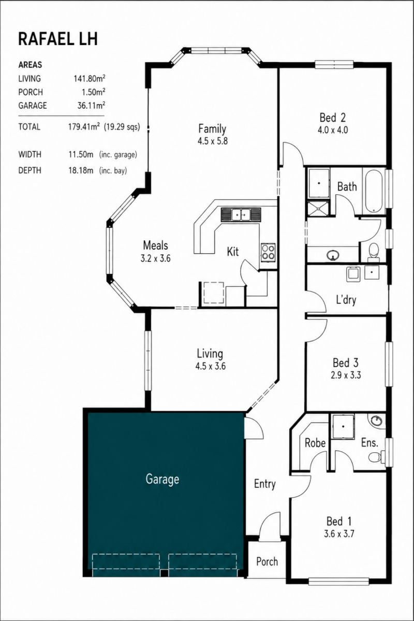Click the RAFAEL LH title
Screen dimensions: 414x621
pos(58,39)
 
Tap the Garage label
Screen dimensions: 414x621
pos(162,479)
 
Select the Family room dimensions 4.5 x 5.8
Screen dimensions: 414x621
pos(213,140)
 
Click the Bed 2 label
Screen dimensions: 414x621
pos(332,117)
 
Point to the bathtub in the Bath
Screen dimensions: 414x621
pos(374,192)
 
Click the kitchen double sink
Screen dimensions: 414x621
pos(241,214)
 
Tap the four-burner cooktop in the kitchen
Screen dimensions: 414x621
pos(268,252)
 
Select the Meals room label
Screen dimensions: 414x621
pos(156,245)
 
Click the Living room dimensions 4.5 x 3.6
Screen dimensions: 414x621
pos(210,366)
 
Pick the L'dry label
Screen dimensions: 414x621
pos(346,300)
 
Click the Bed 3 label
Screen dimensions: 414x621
pos(346,363)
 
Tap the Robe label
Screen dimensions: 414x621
pos(315,443)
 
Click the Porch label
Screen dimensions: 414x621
pos(267,561)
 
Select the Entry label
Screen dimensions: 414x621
pos(265,484)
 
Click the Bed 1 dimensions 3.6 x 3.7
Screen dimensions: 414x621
pos(339,533)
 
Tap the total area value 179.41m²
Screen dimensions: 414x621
pos(84,127)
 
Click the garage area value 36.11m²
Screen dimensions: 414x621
pos(91,105)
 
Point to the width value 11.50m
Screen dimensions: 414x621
pos(81,154)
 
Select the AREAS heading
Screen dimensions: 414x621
pos(30,65)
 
